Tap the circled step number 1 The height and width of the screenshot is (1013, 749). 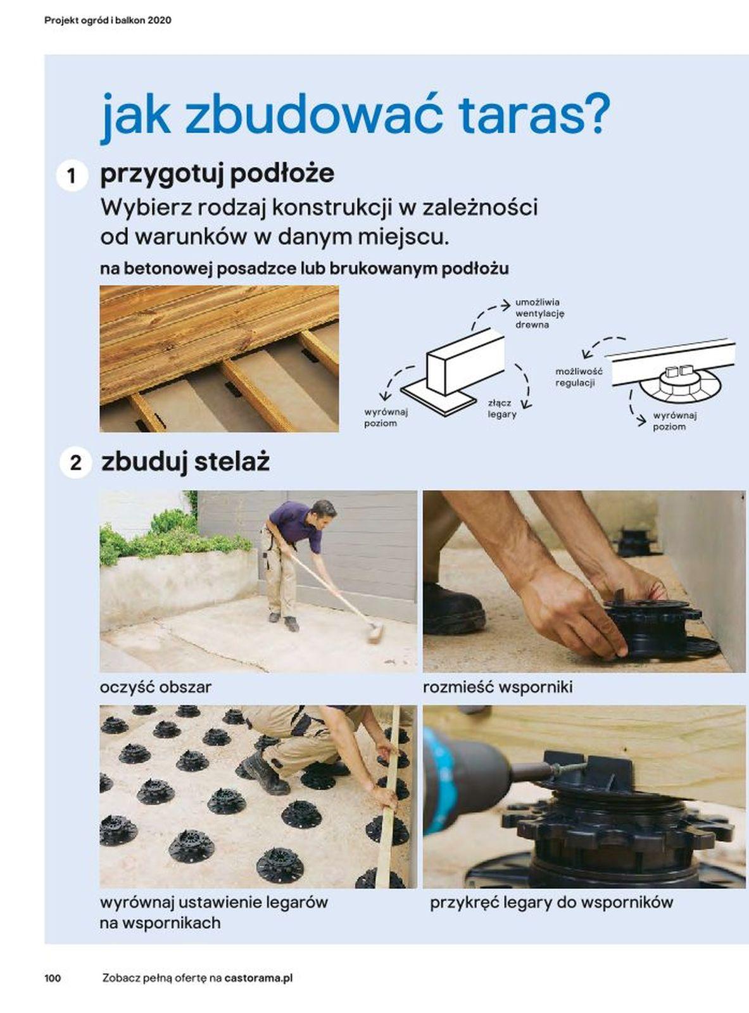pos(72,175)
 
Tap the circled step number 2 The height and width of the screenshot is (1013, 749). pos(75,463)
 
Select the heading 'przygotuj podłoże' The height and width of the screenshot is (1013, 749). pos(217,173)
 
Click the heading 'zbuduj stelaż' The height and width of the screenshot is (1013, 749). pos(186,462)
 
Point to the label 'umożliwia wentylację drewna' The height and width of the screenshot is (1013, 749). pos(539,313)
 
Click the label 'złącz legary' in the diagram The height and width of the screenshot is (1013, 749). pos(502,408)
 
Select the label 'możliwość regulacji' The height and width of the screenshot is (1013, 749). pos(578,377)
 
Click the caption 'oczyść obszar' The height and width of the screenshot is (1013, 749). pos(156,687)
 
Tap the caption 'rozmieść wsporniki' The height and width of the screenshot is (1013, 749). pos(498,687)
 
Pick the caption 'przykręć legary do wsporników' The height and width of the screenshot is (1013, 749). pos(551,902)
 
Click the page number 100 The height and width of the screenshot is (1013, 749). pos(53,978)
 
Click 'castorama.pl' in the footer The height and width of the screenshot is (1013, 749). pos(258,978)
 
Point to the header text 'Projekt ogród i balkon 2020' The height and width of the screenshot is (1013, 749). pos(108,20)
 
